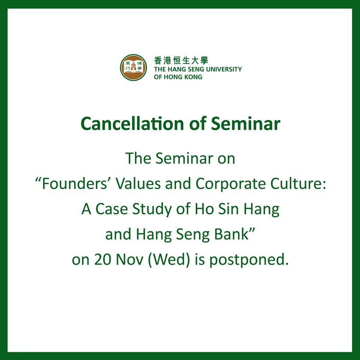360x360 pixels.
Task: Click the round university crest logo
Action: tap(133, 67)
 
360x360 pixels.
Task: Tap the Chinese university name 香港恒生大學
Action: tap(181, 60)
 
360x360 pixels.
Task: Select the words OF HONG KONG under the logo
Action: tap(178, 77)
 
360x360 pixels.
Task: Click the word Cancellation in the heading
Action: tap(132, 123)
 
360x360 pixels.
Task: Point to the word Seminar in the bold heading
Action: tap(245, 123)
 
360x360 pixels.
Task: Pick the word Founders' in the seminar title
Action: tap(72, 184)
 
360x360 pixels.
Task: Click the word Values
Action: tap(138, 184)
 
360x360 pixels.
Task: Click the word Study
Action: tap(152, 209)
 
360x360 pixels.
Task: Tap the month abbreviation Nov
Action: tap(130, 260)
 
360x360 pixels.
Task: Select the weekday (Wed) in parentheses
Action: tap(169, 260)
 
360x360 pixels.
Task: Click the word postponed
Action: tap(249, 260)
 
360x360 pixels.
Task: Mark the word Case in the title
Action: tap(111, 209)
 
